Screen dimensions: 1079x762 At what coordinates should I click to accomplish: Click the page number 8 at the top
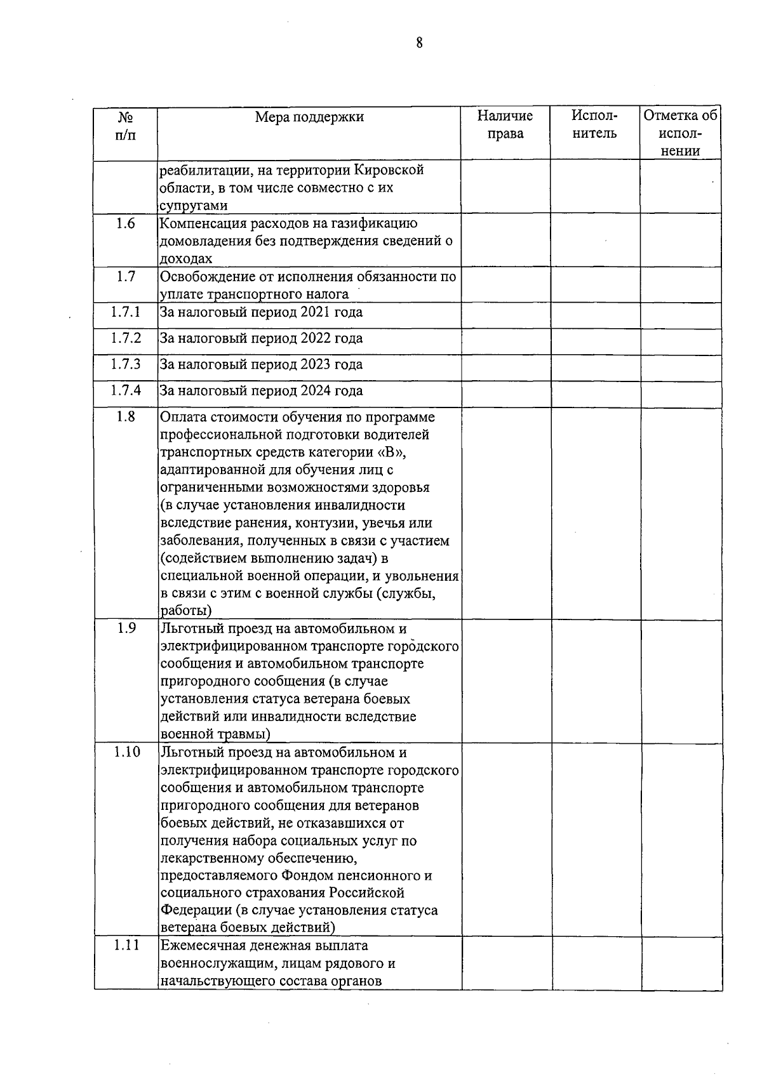pos(419,43)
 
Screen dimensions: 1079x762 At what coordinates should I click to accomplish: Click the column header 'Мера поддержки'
pos(309,117)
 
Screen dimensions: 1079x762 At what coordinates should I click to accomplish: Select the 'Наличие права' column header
pos(505,125)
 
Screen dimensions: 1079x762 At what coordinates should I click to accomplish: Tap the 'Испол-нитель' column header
pos(594,125)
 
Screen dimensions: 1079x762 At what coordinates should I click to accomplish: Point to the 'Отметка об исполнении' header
pos(680,133)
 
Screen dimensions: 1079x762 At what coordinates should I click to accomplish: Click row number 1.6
pos(126,223)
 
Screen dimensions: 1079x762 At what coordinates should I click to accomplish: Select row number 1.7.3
pos(126,364)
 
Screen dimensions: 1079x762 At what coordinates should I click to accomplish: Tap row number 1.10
pos(126,753)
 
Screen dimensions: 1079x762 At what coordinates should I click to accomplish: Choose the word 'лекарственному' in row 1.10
pos(214,859)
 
